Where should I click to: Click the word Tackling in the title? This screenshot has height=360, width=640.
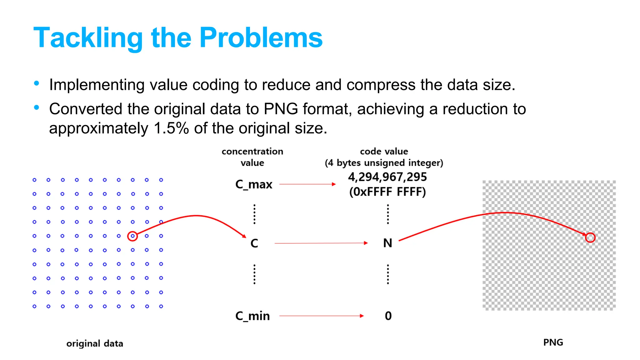click(x=88, y=38)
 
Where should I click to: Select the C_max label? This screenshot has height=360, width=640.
click(x=254, y=184)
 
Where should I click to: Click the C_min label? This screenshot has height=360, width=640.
click(x=252, y=316)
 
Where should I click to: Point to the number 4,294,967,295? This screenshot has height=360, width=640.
click(x=387, y=177)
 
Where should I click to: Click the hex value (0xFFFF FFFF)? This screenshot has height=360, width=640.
click(x=387, y=192)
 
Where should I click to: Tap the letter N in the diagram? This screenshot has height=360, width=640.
click(x=387, y=243)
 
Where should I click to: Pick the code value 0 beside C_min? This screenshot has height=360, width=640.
click(x=388, y=316)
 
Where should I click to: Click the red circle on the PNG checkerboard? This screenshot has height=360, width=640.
click(x=590, y=237)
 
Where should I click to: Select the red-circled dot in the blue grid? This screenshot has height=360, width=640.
click(x=132, y=236)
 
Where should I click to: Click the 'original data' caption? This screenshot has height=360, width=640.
click(x=95, y=343)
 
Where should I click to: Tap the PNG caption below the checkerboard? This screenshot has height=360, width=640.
click(x=553, y=342)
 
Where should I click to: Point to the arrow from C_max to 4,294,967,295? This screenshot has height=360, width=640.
click(x=307, y=184)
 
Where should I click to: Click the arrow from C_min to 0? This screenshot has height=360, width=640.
click(x=321, y=316)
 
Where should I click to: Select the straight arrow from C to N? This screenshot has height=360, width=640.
click(x=321, y=243)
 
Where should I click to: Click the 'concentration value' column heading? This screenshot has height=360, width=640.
click(x=252, y=157)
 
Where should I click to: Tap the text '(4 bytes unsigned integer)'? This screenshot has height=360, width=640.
click(x=384, y=163)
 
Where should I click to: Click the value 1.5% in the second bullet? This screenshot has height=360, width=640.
click(x=171, y=128)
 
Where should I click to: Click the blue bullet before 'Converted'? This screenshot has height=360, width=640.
click(x=37, y=108)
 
